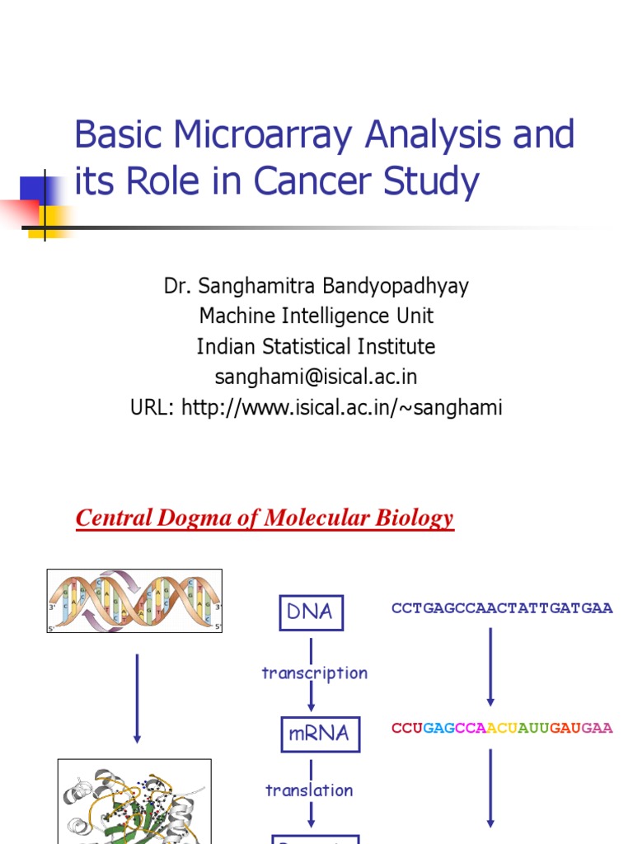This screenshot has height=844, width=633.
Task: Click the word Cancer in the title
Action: tap(318, 182)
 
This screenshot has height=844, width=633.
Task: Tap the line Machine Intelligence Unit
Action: tap(316, 316)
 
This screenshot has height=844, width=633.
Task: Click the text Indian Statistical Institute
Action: tap(316, 346)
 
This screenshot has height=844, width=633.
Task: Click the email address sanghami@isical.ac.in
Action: tap(316, 377)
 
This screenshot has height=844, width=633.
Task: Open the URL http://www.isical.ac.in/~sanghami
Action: tap(316, 407)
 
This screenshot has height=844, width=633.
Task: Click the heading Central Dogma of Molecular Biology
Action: tap(265, 518)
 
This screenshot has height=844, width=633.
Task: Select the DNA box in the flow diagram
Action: tap(310, 612)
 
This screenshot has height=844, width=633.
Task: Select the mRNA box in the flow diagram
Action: tap(317, 733)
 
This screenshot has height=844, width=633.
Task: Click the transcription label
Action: tap(314, 673)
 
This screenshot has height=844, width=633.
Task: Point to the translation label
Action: tap(309, 790)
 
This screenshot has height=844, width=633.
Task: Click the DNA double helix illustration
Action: tap(134, 601)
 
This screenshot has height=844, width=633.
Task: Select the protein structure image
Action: tap(134, 801)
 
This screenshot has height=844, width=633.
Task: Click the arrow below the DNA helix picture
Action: tap(137, 698)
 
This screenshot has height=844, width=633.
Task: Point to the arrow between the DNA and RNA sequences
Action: tap(491, 667)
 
